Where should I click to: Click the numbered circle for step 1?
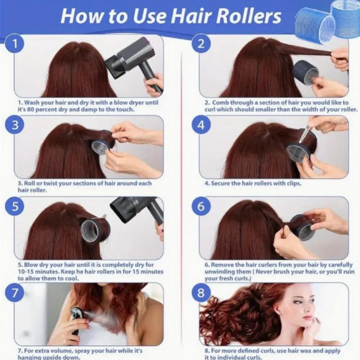tap(15, 44)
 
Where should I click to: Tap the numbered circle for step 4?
tap(201, 125)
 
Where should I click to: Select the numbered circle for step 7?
tap(15, 292)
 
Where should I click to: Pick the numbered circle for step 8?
tap(201, 292)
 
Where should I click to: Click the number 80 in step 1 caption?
tap(31, 109)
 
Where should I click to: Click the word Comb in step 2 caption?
tap(220, 103)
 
